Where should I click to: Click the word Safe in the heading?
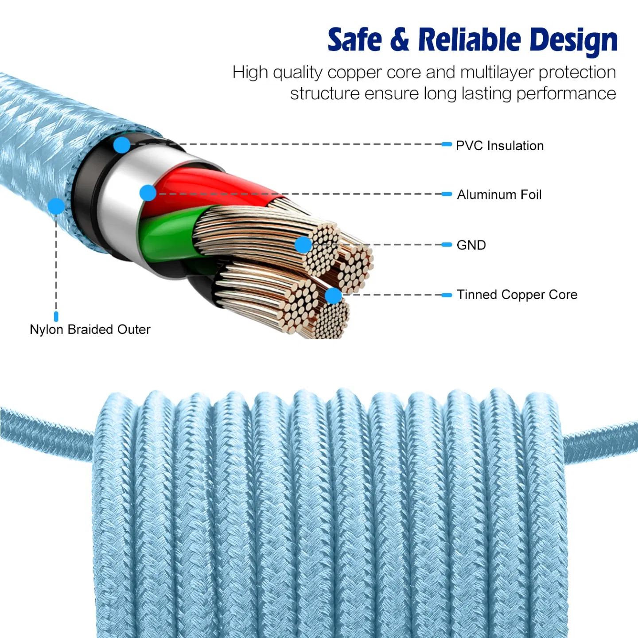[354, 40]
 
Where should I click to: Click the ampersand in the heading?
[400, 40]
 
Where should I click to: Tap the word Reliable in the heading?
[470, 40]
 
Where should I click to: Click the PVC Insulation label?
[499, 146]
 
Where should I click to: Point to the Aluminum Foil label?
[499, 195]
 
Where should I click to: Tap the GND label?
[471, 245]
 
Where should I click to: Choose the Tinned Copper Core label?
[517, 295]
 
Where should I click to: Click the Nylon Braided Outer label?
[90, 330]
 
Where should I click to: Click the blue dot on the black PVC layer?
[122, 145]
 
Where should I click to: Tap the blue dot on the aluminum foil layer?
[148, 193]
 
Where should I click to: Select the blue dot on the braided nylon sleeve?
[56, 206]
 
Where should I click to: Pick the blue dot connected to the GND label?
[303, 245]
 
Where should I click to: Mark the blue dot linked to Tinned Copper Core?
[333, 296]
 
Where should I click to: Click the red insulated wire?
[199, 186]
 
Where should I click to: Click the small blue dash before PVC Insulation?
[447, 144]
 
